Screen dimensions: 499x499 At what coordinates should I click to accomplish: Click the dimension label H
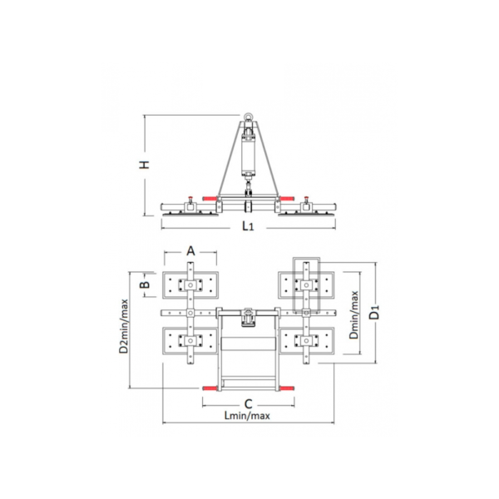tap(145, 165)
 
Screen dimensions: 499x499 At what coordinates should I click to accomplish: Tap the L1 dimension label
tap(248, 226)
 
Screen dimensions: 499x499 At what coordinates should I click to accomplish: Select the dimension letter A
tap(190, 251)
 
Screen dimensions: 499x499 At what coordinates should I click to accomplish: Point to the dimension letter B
tap(145, 284)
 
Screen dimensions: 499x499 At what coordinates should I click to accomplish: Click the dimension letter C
tap(248, 404)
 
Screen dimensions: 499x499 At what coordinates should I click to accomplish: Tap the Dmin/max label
tap(353, 315)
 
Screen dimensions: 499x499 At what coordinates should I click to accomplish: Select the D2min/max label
tap(123, 326)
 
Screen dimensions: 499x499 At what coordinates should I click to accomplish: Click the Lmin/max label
tap(247, 416)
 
